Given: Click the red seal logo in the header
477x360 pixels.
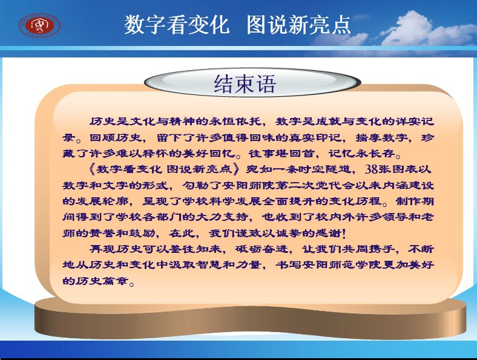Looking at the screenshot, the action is coord(39,25).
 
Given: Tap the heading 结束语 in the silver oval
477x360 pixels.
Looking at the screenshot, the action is coord(245,83).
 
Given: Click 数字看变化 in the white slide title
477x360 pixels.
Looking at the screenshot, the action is coord(177,25).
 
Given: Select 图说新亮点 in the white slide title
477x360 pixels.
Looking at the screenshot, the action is coord(299,25).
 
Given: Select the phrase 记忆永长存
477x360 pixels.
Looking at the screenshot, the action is coord(362,153).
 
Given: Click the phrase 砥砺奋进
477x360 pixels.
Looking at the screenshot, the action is coord(262,249).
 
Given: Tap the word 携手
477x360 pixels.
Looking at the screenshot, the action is coord(381,249).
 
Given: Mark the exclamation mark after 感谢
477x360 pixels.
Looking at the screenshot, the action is coord(344,233).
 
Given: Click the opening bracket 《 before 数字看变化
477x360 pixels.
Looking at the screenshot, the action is coord(92,169).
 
